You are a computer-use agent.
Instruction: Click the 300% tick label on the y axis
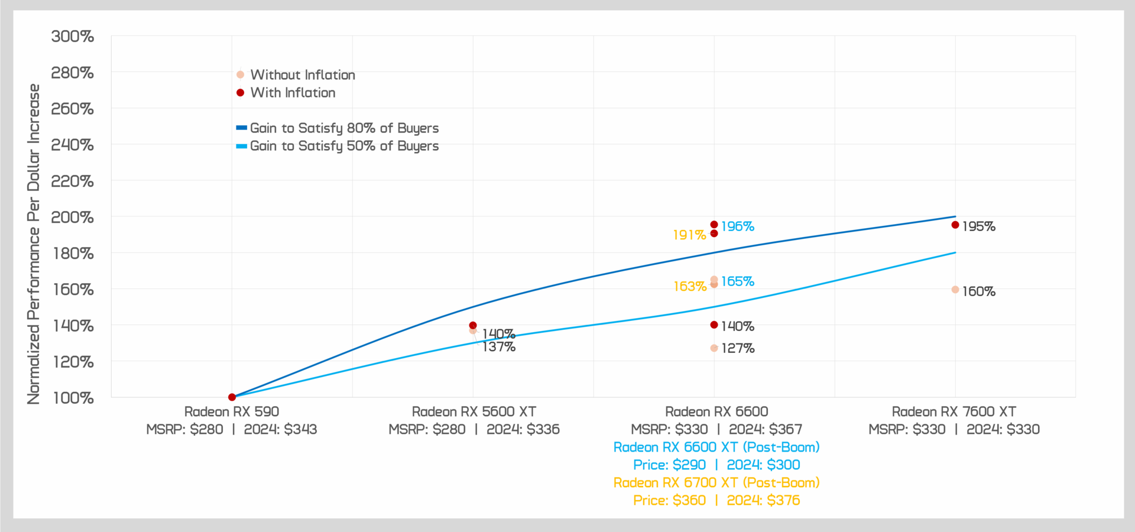coord(72,37)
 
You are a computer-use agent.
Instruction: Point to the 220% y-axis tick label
coord(72,181)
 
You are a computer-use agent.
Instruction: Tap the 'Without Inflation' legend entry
coord(302,75)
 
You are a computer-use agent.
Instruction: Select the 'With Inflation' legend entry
coord(293,93)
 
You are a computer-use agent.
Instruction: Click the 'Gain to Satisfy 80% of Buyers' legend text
coord(344,128)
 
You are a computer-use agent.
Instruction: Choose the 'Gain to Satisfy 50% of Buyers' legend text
coord(344,146)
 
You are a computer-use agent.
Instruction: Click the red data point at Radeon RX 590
coord(232,397)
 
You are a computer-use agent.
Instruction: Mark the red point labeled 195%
coord(955,225)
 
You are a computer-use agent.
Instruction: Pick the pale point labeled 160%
coord(955,290)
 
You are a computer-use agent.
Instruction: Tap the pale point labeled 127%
coord(714,348)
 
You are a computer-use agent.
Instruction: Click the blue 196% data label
coord(738,226)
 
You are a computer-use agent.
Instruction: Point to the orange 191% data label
coord(689,235)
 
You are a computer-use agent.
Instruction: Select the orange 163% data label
coord(690,287)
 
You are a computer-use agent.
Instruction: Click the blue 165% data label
coord(738,281)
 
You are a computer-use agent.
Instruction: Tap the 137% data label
coord(499,348)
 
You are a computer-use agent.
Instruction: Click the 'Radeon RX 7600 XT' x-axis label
coord(954,412)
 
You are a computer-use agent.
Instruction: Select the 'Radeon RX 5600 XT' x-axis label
coord(474,412)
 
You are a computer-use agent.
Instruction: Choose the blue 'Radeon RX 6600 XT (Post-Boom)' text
coord(716,447)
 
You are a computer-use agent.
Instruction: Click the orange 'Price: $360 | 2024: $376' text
coord(716,501)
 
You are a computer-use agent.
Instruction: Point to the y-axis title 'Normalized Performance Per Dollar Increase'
coord(34,244)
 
